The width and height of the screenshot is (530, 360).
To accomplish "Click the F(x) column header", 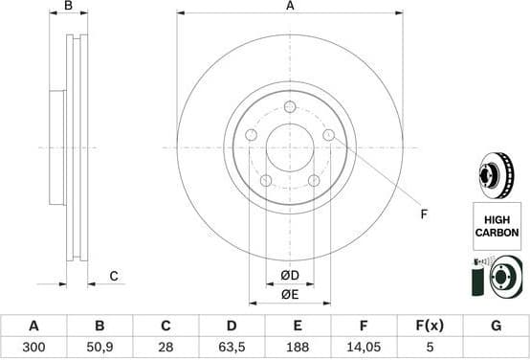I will pyautogui.click(x=430, y=326).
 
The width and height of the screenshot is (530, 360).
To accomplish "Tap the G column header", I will pyautogui.click(x=496, y=326).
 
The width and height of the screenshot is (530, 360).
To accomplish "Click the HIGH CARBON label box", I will pyautogui.click(x=496, y=226).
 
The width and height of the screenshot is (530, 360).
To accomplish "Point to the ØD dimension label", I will pyautogui.click(x=290, y=277).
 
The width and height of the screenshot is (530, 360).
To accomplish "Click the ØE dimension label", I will pyautogui.click(x=290, y=294).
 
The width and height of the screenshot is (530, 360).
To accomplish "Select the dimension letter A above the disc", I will pyautogui.click(x=290, y=6).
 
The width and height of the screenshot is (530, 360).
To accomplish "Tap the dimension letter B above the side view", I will pyautogui.click(x=67, y=6).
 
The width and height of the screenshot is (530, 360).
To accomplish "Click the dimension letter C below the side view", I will pyautogui.click(x=112, y=277).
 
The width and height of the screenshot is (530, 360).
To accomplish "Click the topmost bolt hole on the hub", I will pyautogui.click(x=290, y=107).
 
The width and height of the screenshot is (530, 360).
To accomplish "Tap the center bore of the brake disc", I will pyautogui.click(x=290, y=148).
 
